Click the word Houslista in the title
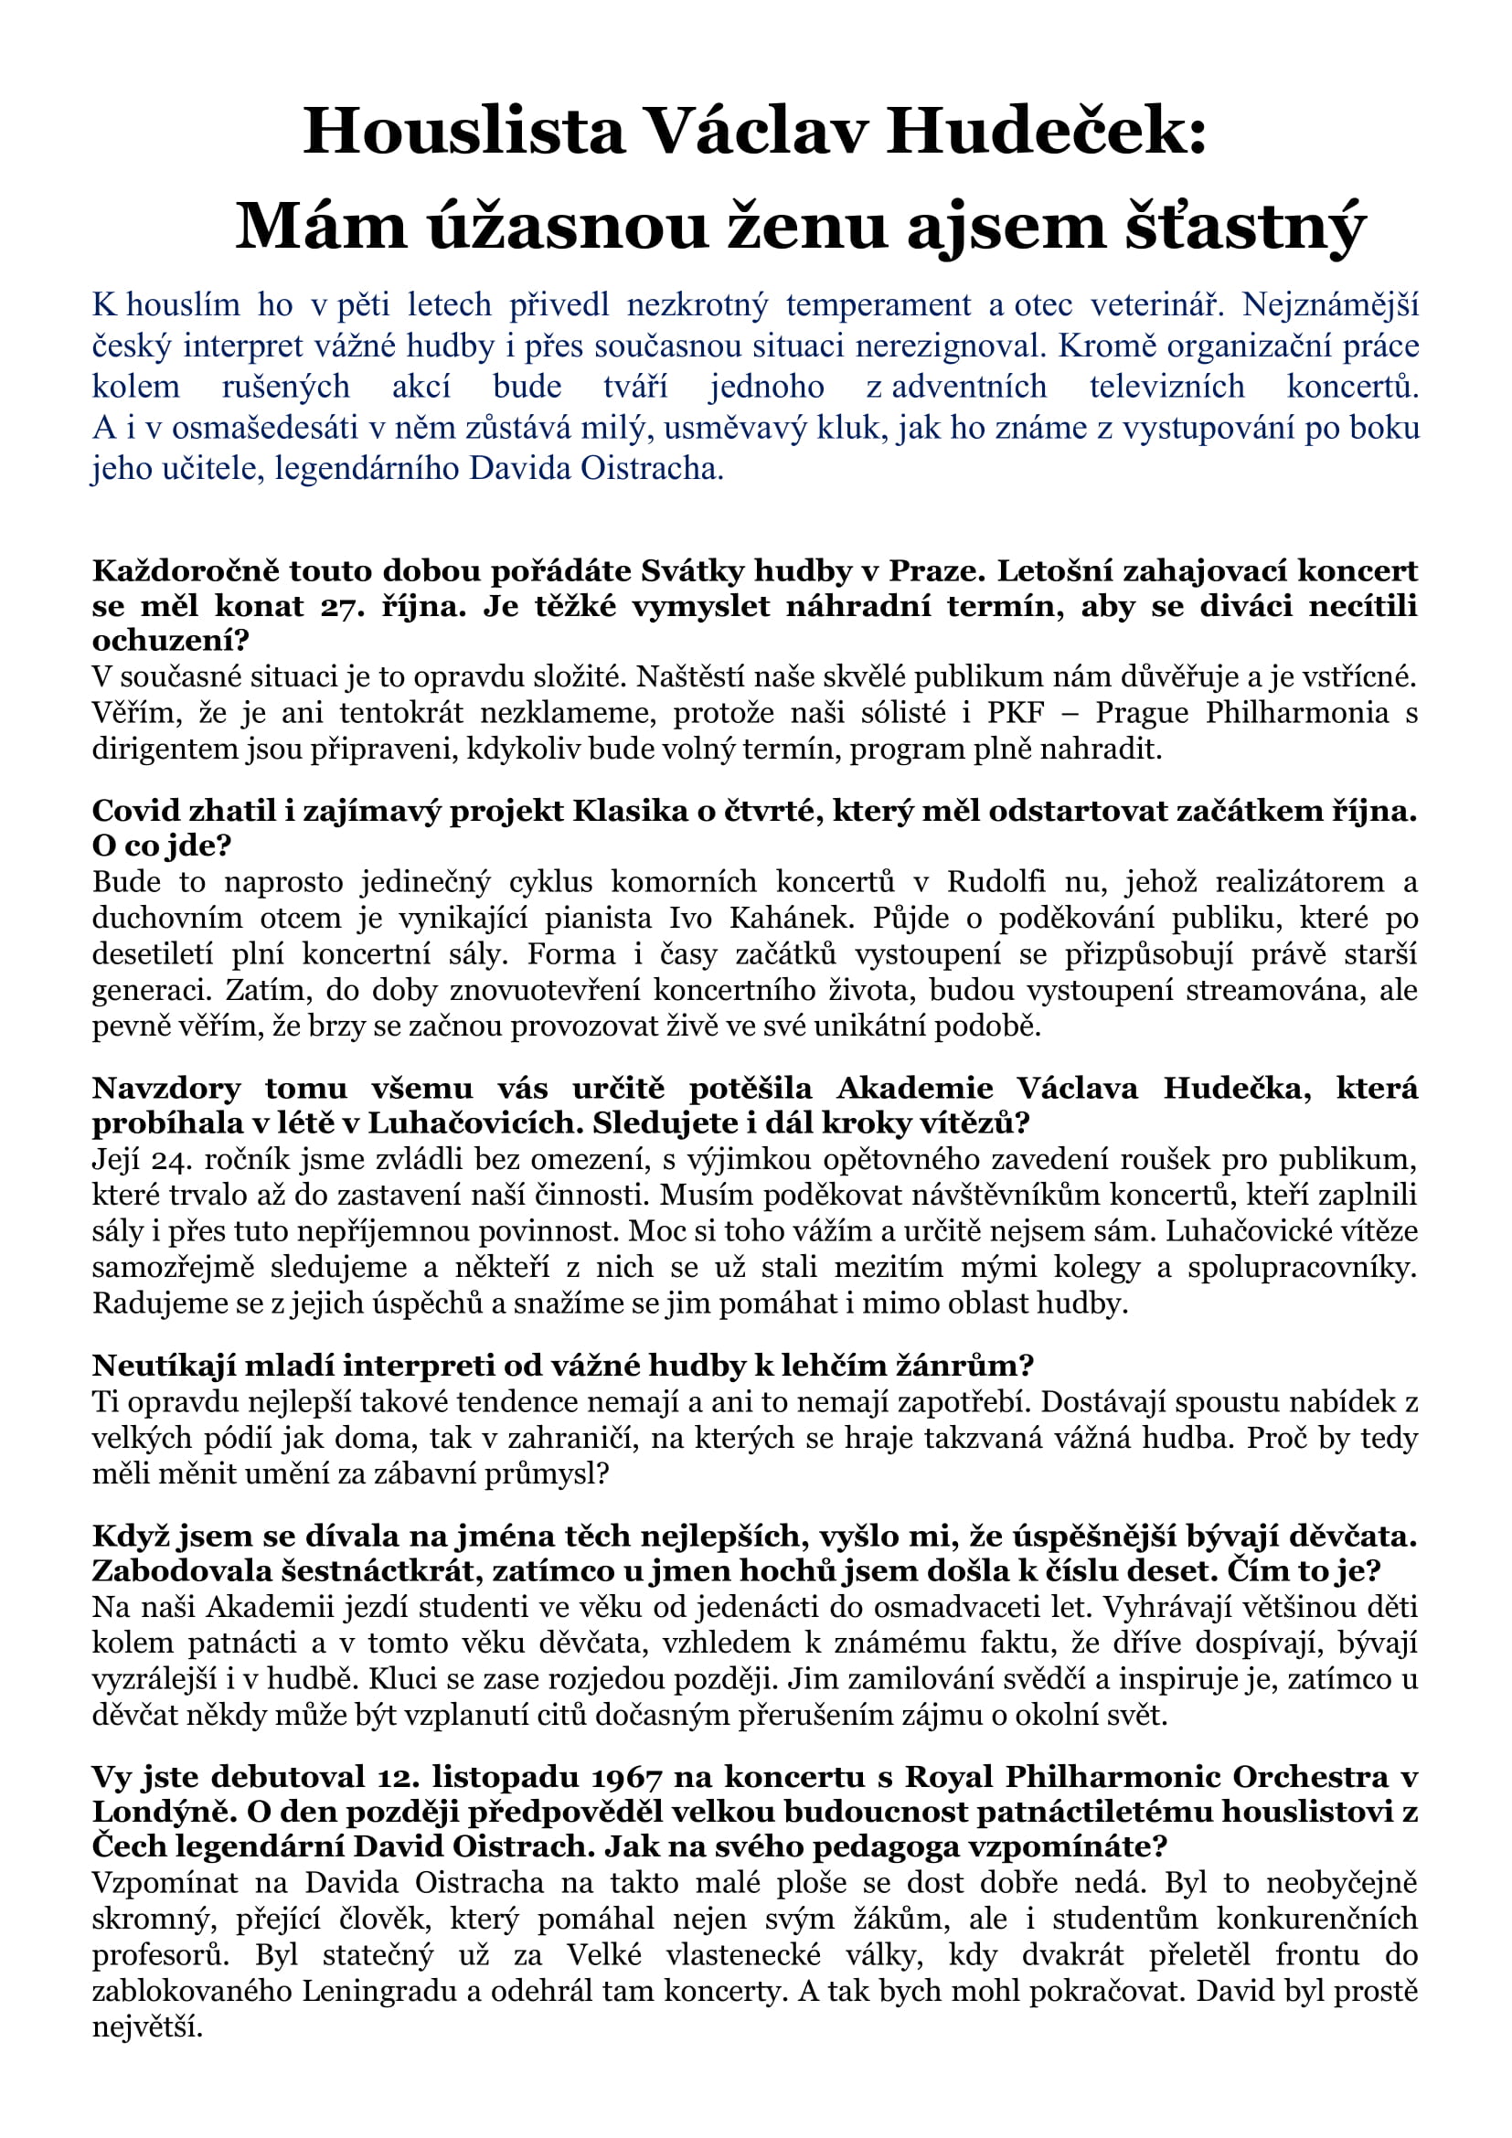463,132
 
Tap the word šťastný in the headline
1245,227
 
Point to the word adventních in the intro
969,386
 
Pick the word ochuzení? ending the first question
170,641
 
